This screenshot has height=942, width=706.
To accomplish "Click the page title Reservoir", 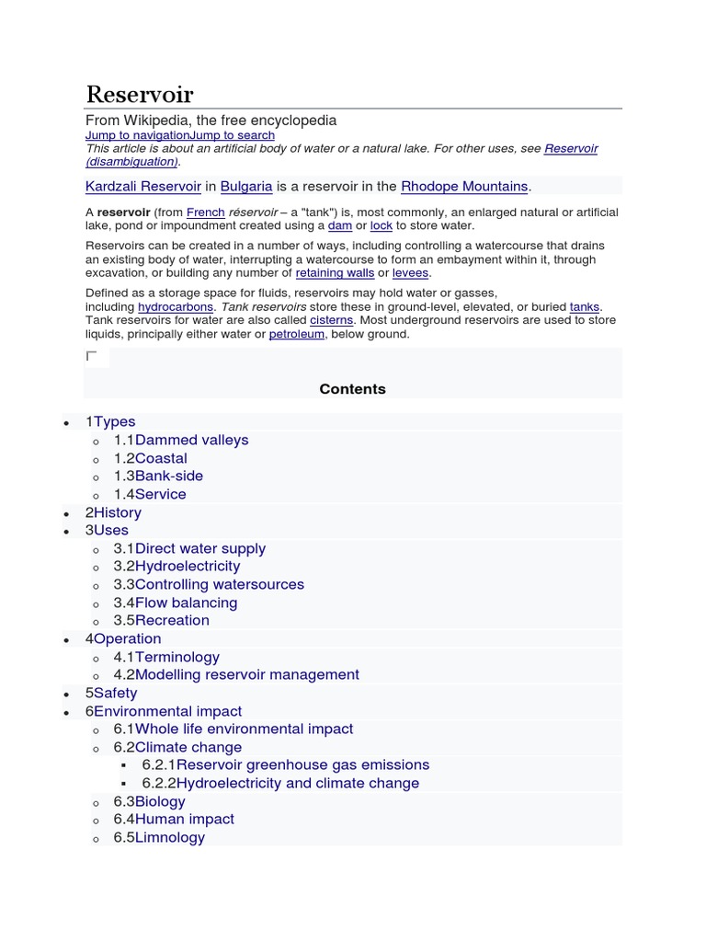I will [x=140, y=94].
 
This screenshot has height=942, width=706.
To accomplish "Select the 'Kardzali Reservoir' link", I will [x=143, y=187].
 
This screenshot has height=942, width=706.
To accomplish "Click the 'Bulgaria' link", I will [x=246, y=187].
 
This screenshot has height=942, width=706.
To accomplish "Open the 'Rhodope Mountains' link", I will [x=464, y=187].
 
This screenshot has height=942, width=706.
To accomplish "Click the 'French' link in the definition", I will [x=206, y=213].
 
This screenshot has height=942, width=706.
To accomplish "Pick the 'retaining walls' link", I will [x=335, y=273].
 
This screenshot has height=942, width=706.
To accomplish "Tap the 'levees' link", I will [x=411, y=273].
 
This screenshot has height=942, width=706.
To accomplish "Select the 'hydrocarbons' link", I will [x=176, y=306].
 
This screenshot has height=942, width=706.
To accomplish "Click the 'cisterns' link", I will [x=331, y=320].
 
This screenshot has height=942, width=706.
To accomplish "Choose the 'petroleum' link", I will [x=296, y=334].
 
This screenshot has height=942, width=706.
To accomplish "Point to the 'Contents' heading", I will [x=353, y=389].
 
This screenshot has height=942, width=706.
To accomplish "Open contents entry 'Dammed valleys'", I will [x=191, y=440].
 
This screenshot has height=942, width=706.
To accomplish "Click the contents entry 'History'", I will [x=118, y=512].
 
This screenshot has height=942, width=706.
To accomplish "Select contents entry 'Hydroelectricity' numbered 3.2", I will [x=188, y=566].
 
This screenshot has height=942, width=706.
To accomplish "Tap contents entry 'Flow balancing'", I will [x=186, y=603].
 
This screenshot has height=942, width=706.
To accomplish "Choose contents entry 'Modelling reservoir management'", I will [x=247, y=674].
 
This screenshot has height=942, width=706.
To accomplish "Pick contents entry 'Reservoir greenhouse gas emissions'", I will [x=302, y=764].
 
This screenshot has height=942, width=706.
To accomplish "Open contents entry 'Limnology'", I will [x=170, y=837].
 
